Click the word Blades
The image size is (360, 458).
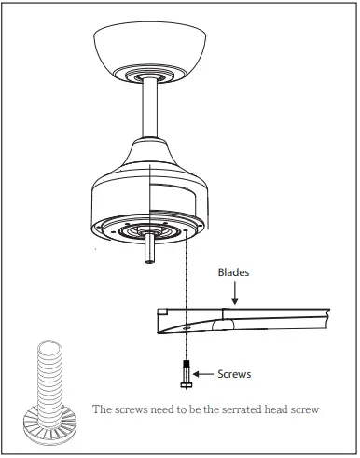(234, 273)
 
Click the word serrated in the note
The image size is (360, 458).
(242, 409)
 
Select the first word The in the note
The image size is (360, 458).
(103, 409)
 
